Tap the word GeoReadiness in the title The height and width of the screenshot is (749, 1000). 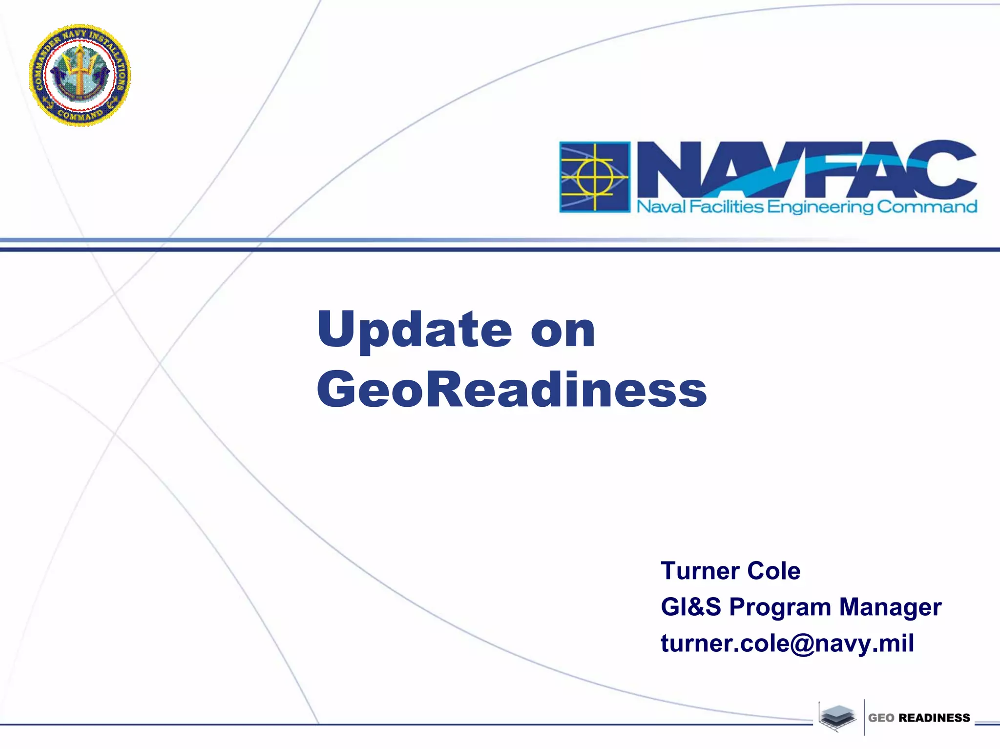tap(512, 390)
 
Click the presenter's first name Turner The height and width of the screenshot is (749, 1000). tap(700, 571)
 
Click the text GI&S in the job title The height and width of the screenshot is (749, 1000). tap(690, 607)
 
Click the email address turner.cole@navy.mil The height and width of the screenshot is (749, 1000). tap(787, 643)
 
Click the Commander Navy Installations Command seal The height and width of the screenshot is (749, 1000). tap(80, 75)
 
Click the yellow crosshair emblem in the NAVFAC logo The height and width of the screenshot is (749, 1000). tap(595, 177)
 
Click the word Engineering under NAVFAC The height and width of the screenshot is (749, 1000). tap(820, 208)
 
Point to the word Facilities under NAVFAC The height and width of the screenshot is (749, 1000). tap(726, 207)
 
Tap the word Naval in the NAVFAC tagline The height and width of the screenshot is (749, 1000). tap(661, 207)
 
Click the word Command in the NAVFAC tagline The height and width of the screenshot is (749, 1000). tap(927, 207)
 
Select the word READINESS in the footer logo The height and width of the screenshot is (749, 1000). tap(934, 718)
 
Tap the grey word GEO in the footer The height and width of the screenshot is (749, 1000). tap(881, 718)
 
